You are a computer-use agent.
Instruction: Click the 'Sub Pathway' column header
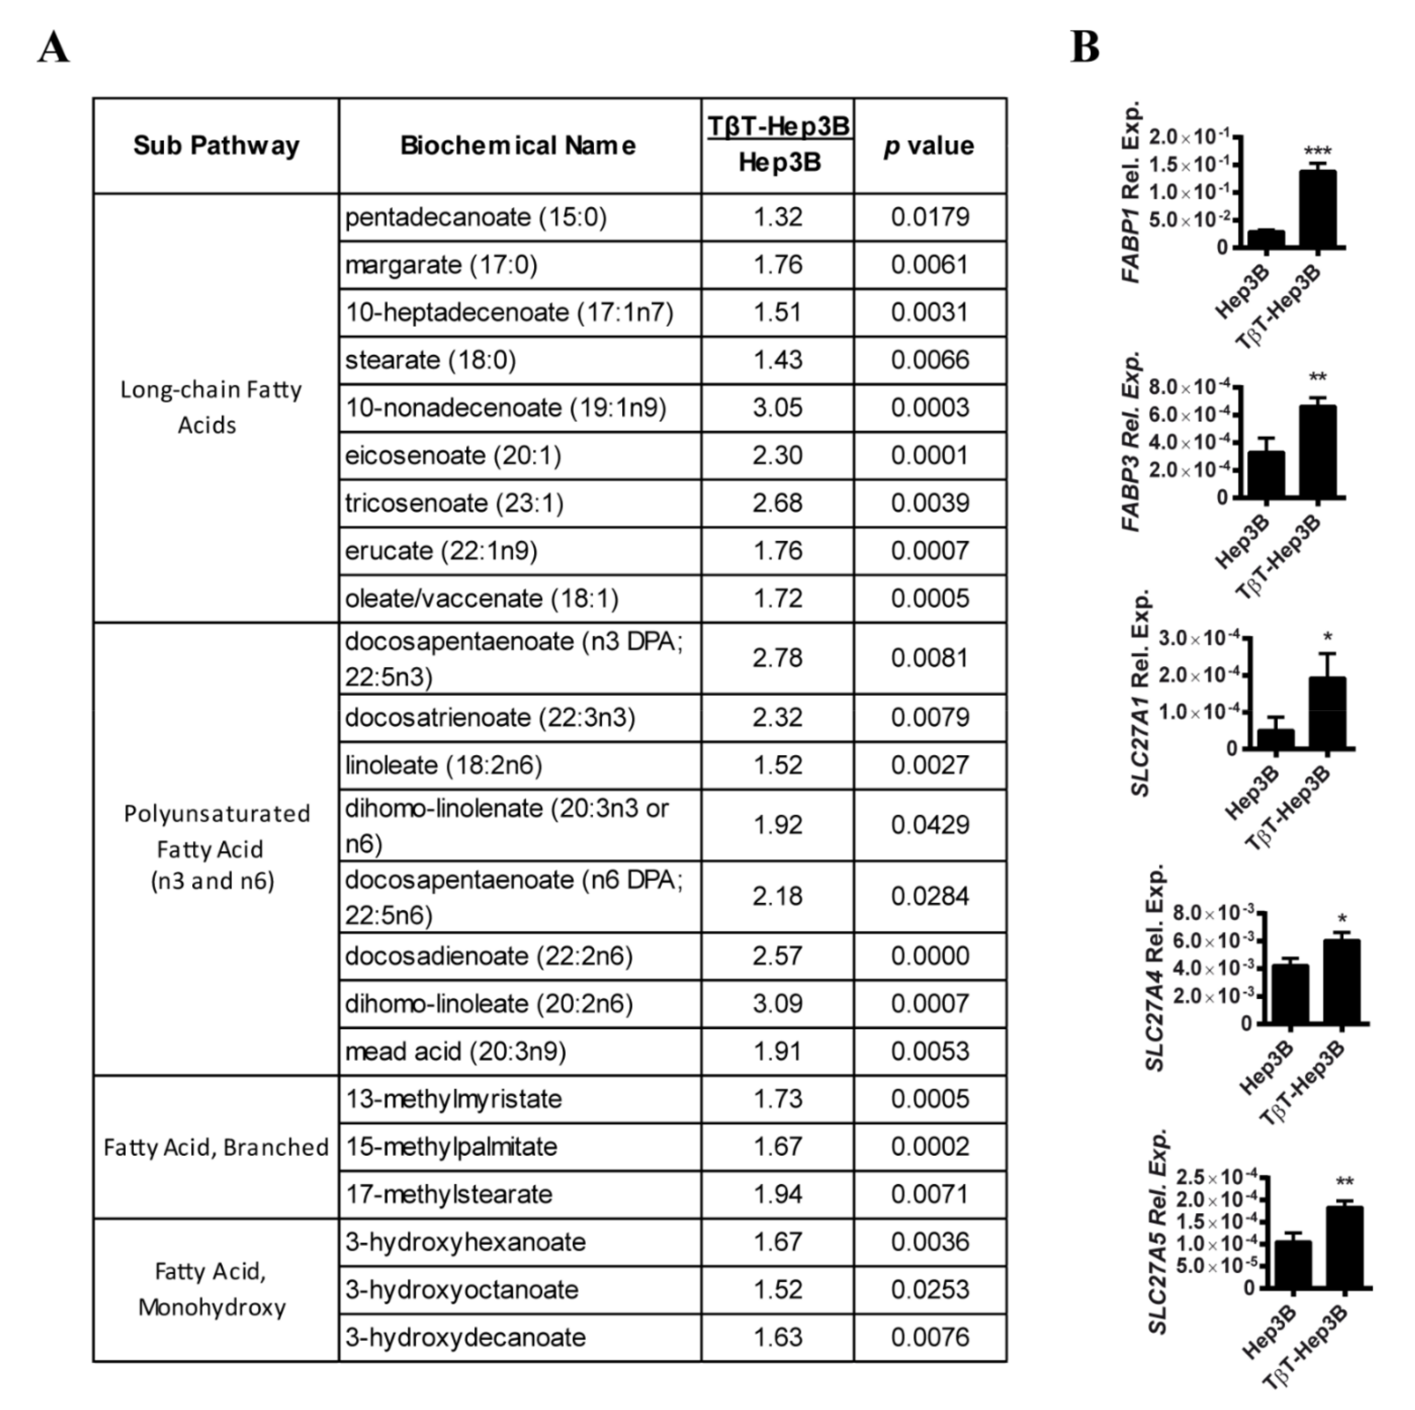tap(216, 146)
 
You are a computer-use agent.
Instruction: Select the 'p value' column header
tap(930, 146)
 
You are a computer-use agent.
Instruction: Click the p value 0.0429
tap(930, 825)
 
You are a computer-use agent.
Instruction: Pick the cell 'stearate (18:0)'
tap(431, 360)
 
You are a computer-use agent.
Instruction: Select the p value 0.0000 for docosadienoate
tap(930, 956)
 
